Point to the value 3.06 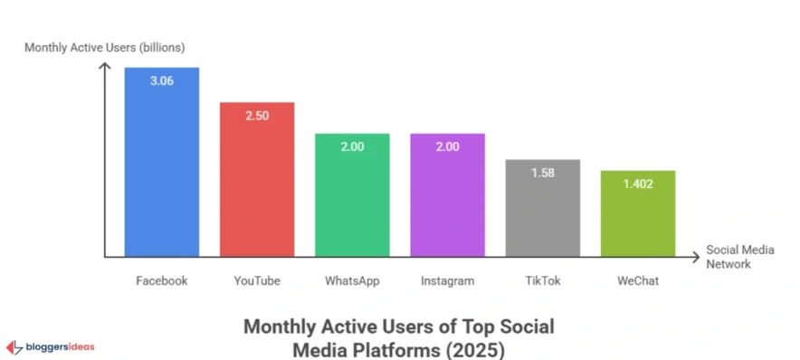click(162, 80)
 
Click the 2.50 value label click(257, 115)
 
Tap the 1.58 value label click(542, 172)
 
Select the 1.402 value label click(637, 183)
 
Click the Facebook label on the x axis click(162, 280)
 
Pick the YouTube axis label click(257, 280)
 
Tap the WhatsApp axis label click(352, 280)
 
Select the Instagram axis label click(447, 280)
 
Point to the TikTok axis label click(542, 280)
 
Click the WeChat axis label click(637, 280)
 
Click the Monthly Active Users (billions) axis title click(104, 47)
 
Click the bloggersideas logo click(51, 346)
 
